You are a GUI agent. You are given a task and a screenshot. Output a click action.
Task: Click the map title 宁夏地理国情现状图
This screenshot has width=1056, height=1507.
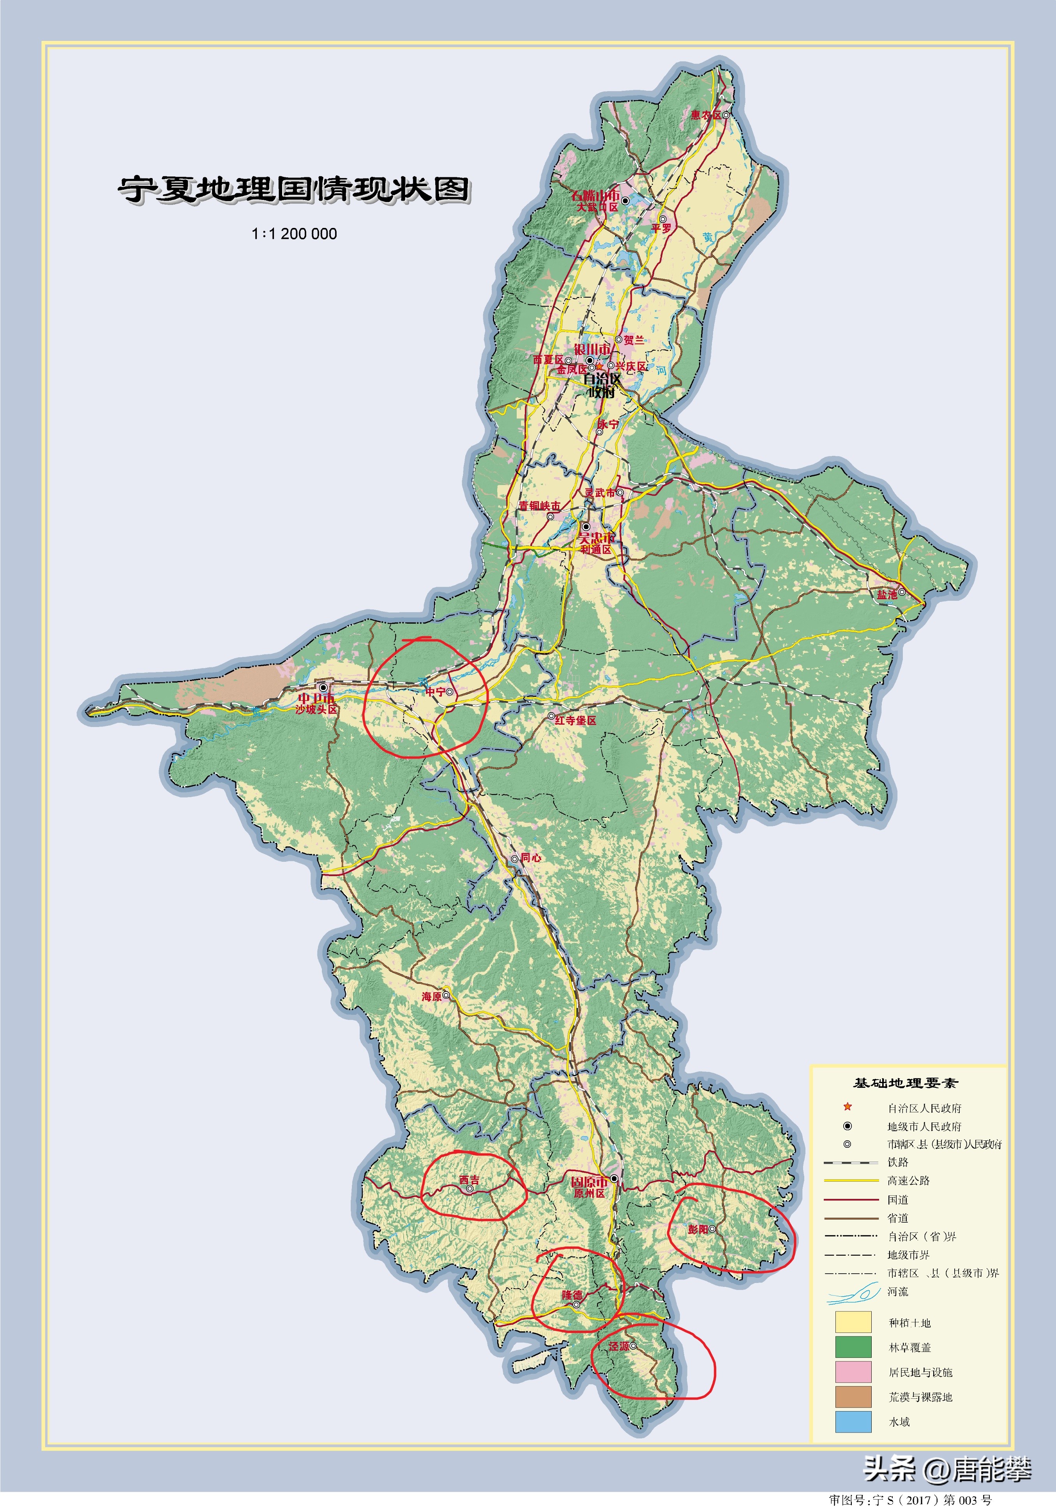[x=294, y=190]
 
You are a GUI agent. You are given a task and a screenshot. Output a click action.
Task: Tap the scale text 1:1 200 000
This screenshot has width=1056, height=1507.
[x=294, y=234]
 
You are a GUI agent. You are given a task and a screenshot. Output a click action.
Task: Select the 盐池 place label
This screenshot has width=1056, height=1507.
[x=886, y=594]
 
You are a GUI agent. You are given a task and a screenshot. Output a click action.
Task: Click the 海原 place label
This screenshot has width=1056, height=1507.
[x=431, y=996]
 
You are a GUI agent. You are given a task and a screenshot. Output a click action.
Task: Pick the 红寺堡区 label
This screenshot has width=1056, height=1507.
[x=576, y=720]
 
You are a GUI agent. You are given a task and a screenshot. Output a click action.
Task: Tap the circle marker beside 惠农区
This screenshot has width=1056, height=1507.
[x=726, y=115]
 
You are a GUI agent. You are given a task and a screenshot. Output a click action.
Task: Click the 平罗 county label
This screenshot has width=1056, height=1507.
[x=662, y=228]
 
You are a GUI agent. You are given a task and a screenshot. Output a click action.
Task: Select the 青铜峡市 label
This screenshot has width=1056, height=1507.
[x=539, y=505]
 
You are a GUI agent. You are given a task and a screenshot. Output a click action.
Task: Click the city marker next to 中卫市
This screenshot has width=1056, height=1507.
[x=323, y=686]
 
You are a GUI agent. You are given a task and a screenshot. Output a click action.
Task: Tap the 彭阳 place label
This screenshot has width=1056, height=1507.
[x=698, y=1229]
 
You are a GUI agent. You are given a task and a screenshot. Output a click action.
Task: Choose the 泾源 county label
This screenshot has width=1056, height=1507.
[x=618, y=1346]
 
